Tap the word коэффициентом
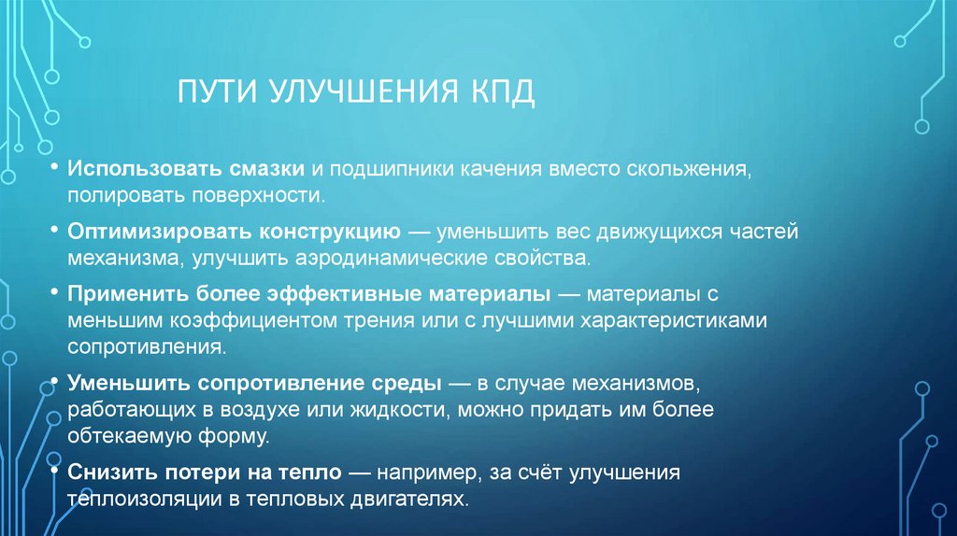pyautogui.click(x=217, y=319)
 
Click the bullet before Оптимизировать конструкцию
pyautogui.click(x=57, y=231)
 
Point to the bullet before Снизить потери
pyautogui.click(x=57, y=473)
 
